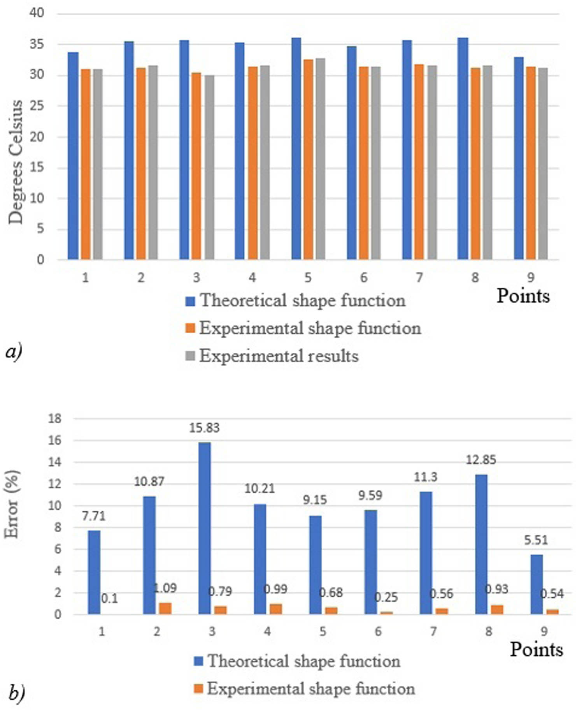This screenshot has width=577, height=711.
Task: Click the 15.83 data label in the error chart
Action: (204, 428)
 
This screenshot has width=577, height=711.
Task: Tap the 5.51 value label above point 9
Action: (536, 540)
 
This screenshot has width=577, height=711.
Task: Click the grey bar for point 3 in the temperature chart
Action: (209, 167)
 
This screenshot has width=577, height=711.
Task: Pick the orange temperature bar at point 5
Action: (308, 159)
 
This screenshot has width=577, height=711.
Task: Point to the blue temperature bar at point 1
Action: (73, 156)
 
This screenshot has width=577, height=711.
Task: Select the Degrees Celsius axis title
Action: (16, 162)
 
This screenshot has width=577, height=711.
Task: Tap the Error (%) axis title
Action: (12, 505)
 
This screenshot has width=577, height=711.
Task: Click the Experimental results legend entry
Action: (279, 356)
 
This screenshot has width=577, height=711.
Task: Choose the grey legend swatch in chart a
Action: (190, 356)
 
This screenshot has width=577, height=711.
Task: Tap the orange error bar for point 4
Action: (276, 609)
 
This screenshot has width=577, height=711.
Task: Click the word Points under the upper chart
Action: (523, 296)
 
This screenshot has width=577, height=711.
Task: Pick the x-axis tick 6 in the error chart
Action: (378, 631)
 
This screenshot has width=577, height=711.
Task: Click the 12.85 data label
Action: (481, 460)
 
